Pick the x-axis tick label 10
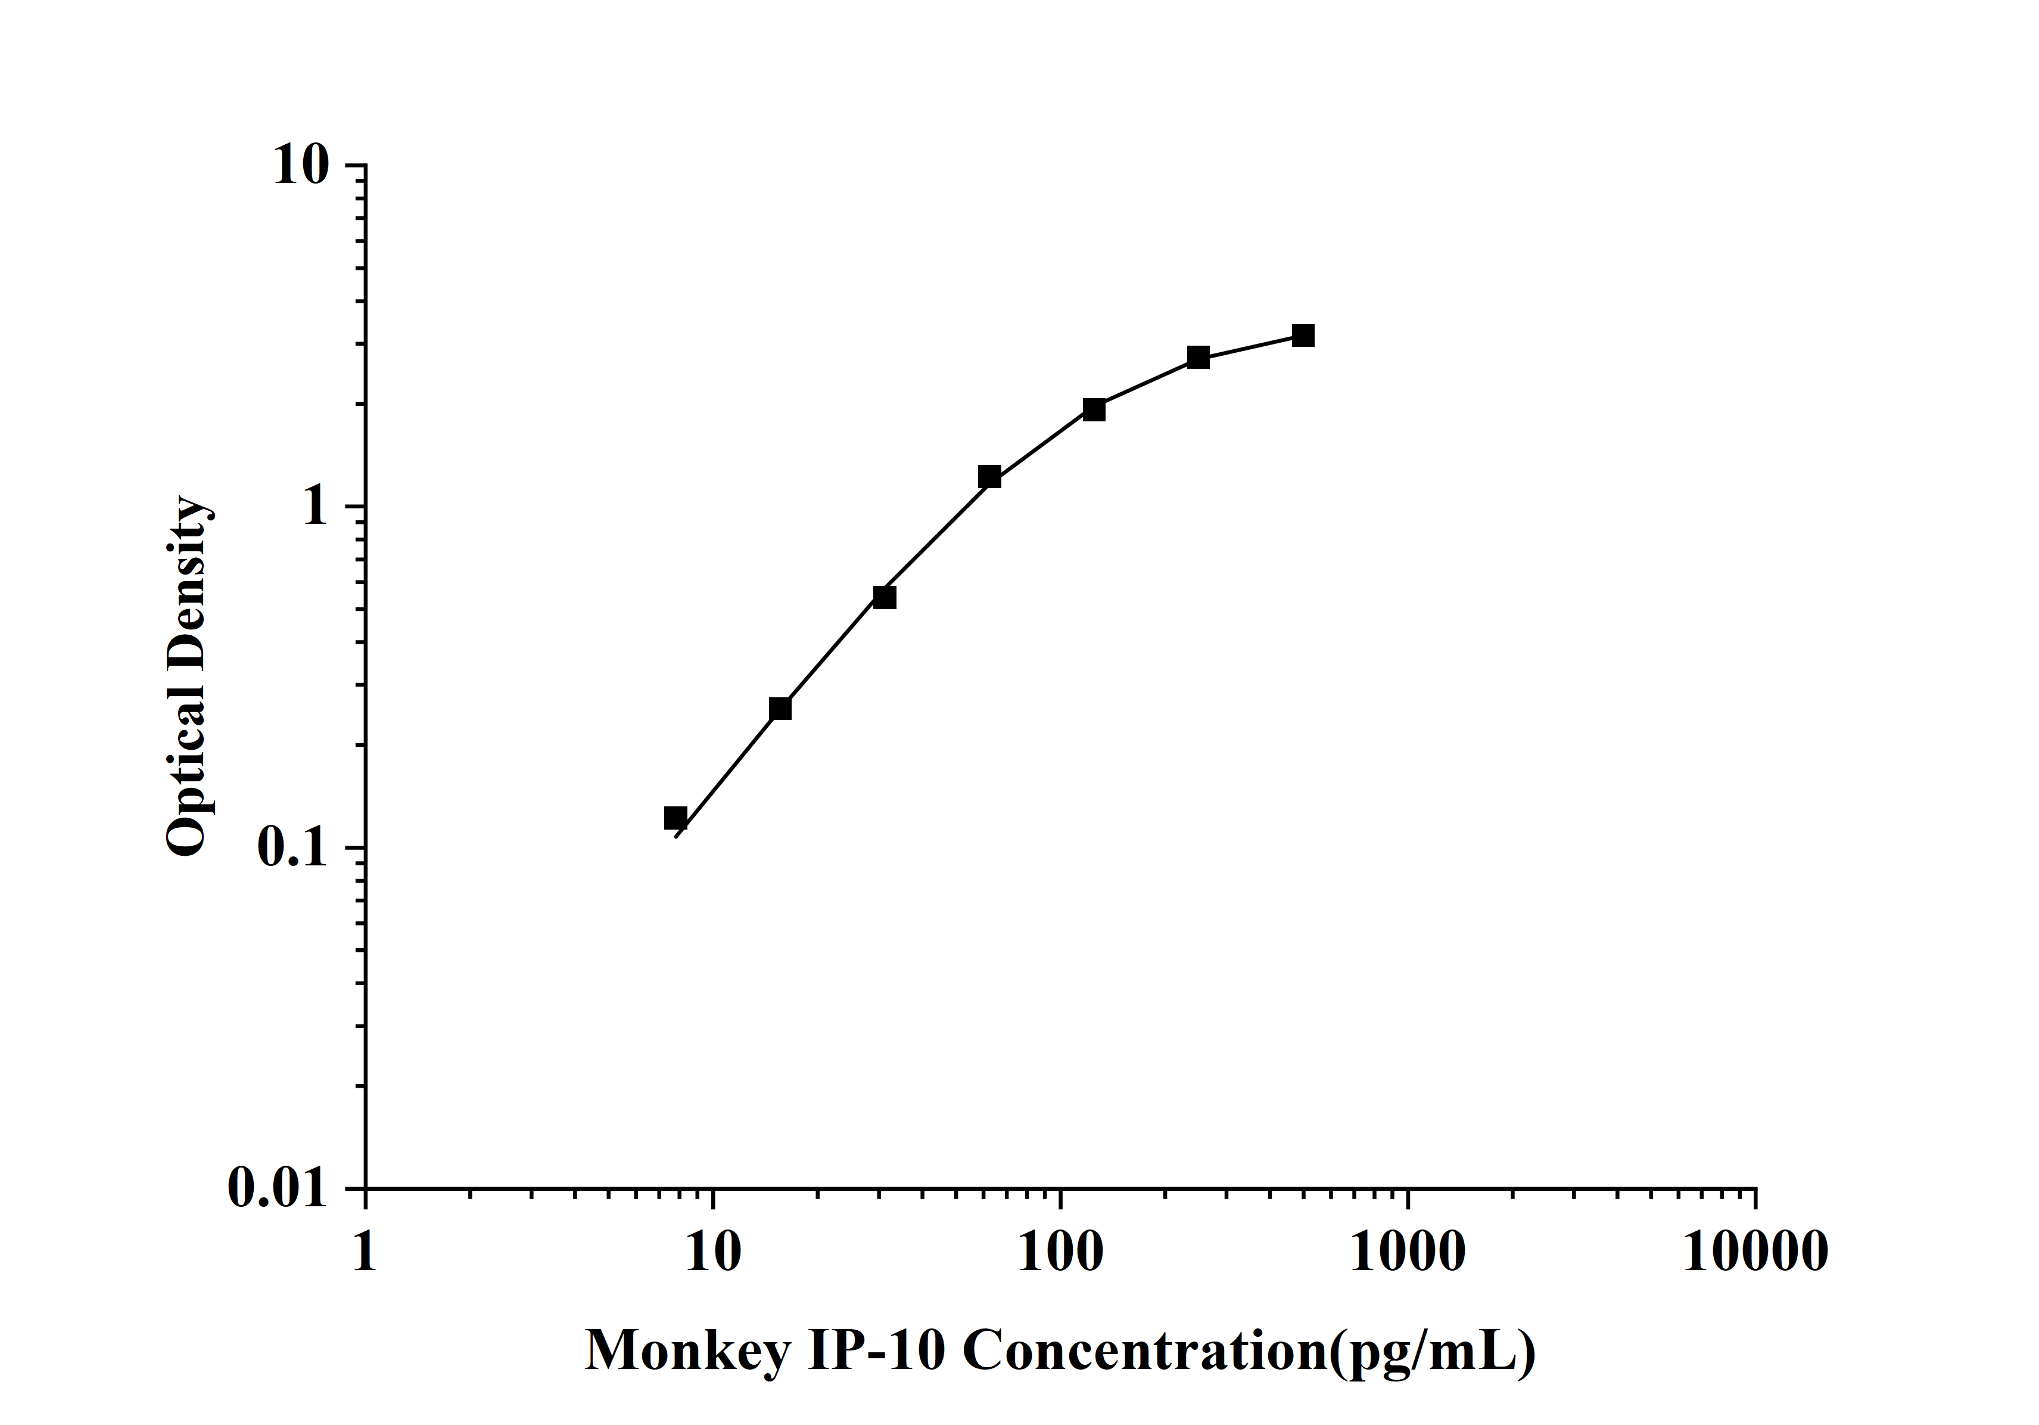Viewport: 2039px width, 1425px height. [712, 1253]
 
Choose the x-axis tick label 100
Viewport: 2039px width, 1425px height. [1060, 1253]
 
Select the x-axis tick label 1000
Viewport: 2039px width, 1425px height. [1408, 1253]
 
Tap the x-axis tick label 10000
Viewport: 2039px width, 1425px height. [1755, 1253]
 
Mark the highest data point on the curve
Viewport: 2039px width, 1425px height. [1303, 336]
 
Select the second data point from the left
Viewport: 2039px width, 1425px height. [780, 708]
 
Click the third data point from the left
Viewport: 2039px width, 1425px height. [885, 597]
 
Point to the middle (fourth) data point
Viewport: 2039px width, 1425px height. [989, 477]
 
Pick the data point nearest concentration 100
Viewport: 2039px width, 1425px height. [1094, 409]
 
